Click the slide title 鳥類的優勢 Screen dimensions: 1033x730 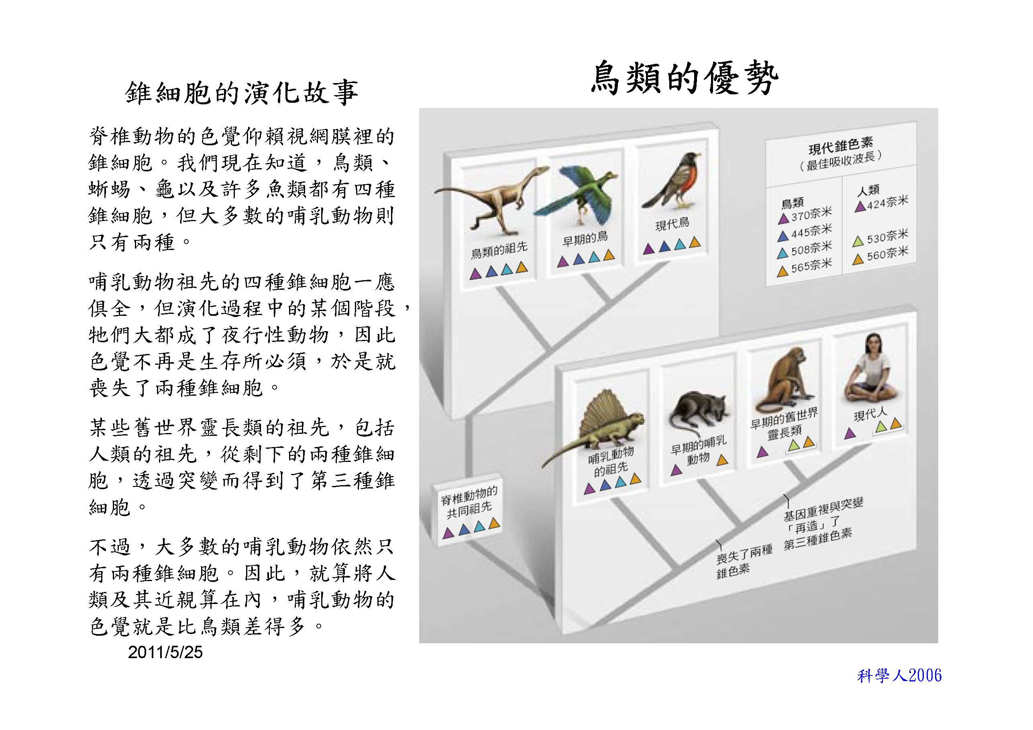point(685,78)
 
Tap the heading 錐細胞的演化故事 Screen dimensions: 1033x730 point(242,93)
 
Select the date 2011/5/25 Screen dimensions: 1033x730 point(165,652)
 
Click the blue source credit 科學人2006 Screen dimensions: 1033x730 point(899,675)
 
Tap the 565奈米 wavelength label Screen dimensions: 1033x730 point(811,265)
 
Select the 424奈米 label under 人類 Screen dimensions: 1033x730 point(888,202)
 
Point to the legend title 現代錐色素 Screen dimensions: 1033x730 point(840,145)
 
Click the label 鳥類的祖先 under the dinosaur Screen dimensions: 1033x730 point(499,249)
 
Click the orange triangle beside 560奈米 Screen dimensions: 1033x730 point(858,259)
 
